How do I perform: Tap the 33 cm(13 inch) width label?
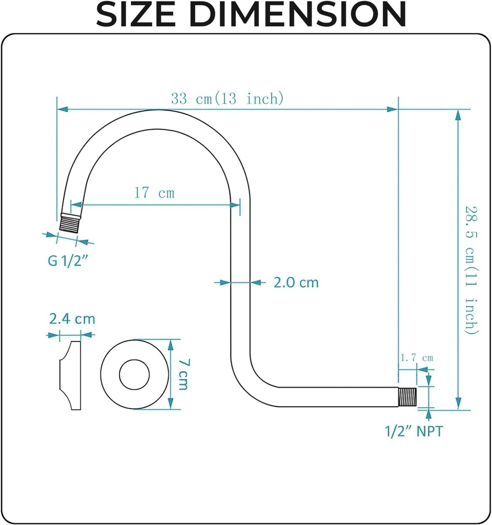[x=227, y=98]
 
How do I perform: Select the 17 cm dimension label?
[x=154, y=193]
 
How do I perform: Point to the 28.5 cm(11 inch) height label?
[x=471, y=270]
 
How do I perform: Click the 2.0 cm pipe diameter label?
[x=296, y=282]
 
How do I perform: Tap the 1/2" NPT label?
[x=414, y=431]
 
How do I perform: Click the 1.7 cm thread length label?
[x=417, y=357]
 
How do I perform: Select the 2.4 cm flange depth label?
[x=72, y=319]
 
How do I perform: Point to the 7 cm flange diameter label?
[x=183, y=374]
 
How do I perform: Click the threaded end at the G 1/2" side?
[x=68, y=223]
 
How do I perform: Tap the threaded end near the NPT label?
[x=408, y=396]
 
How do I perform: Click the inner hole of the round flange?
[x=134, y=375]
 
